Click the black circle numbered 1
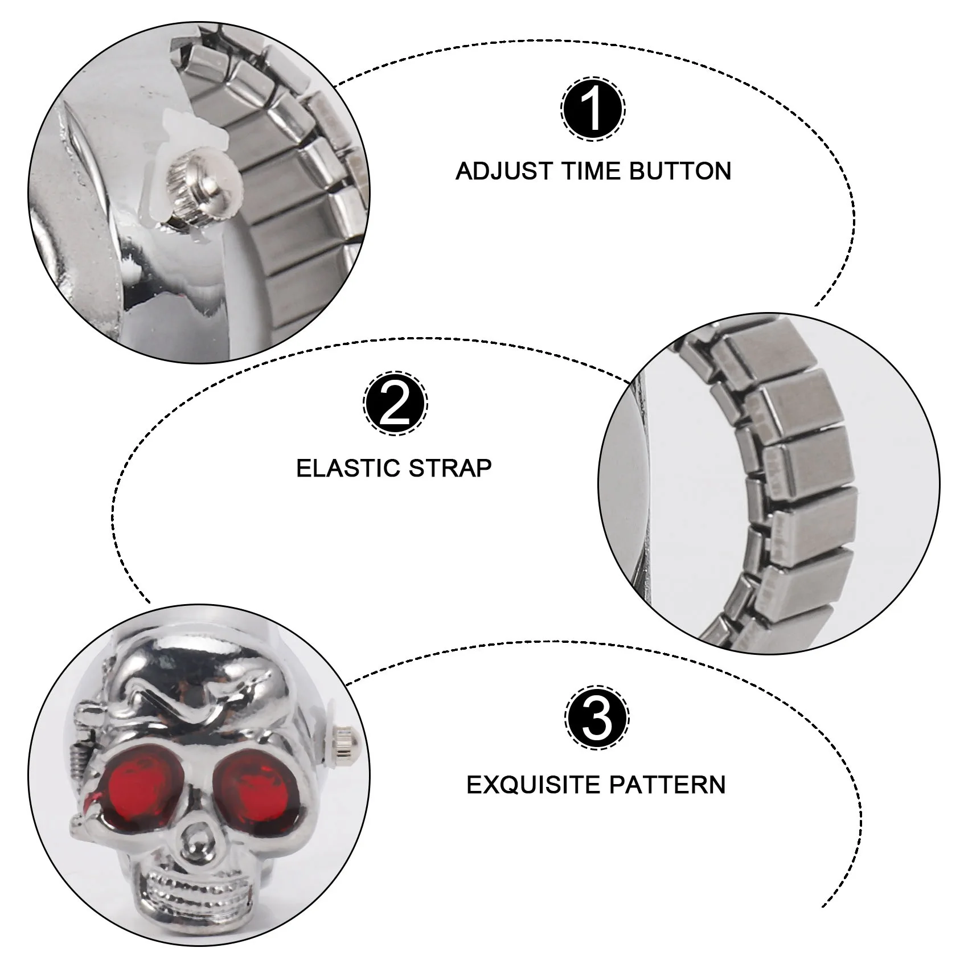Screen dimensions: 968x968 (593, 109)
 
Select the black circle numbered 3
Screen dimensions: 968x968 (597, 719)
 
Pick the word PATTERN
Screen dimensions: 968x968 (668, 785)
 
